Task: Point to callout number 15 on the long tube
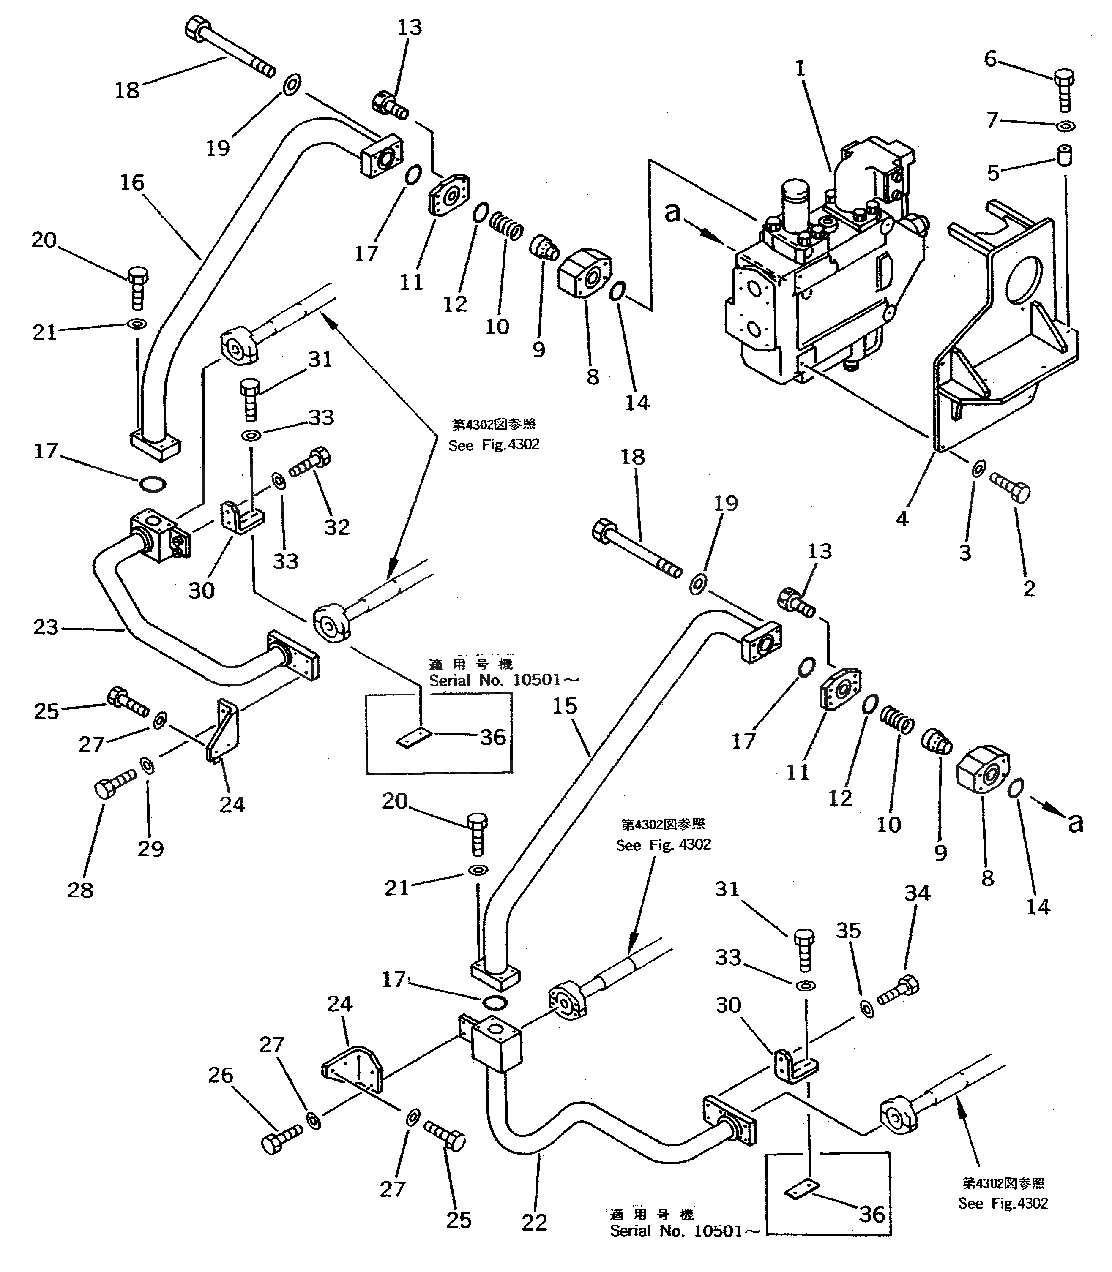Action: pos(565,706)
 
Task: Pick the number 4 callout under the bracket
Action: pos(902,518)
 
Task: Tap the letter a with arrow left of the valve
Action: pos(673,213)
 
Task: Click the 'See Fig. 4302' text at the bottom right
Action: pos(1003,1203)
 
